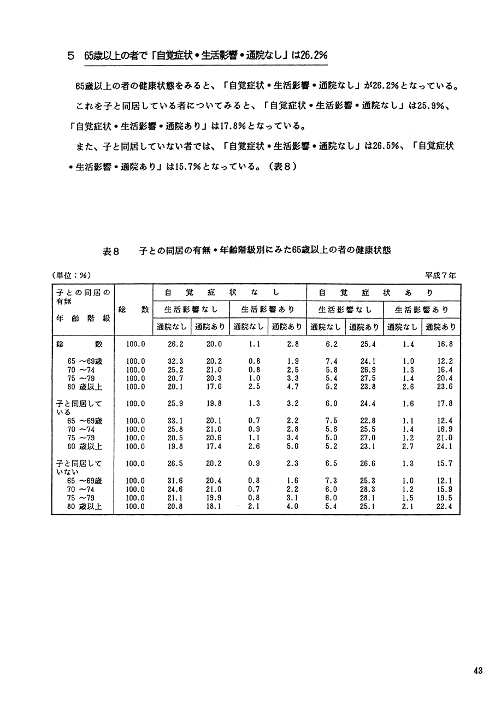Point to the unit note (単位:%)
click(x=71, y=275)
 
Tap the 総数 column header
click(x=134, y=309)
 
